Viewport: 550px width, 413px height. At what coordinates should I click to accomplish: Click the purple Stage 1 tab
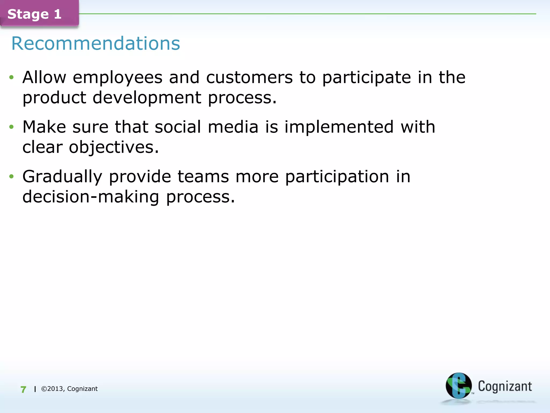pos(39,13)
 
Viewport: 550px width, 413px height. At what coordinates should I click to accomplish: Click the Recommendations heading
pos(96,43)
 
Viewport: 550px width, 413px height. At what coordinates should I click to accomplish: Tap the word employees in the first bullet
pos(118,78)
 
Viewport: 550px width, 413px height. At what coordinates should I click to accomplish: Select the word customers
pos(249,78)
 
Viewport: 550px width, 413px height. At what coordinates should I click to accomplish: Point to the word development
pos(147,98)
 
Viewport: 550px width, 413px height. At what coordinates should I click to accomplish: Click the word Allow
pos(44,78)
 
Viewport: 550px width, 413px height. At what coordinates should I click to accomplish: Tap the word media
pos(233,127)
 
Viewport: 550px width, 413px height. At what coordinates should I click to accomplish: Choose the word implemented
pos(339,127)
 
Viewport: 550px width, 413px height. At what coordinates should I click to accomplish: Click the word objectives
pos(114,148)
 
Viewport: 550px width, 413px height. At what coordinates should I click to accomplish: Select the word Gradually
pos(62,177)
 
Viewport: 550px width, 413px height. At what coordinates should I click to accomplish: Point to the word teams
pos(203,177)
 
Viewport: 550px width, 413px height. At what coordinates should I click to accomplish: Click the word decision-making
pos(91,197)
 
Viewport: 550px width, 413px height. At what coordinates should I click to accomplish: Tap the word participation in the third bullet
pos(337,177)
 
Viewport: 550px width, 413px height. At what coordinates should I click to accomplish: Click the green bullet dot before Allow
pos(11,78)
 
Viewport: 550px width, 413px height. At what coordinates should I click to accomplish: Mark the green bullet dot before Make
pos(11,127)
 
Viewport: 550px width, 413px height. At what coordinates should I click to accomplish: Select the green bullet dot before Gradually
pos(11,177)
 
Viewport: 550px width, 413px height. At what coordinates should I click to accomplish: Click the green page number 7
pos(23,389)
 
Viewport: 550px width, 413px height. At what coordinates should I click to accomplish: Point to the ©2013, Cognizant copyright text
pos(69,389)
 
